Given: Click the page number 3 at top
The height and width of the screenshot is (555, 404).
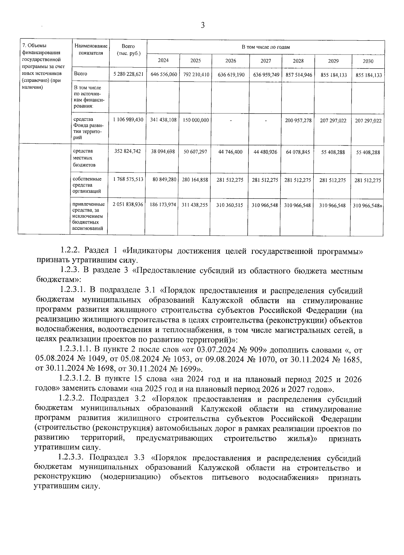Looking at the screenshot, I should pos(203,25).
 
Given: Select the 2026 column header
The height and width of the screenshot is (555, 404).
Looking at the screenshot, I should pos(231,61).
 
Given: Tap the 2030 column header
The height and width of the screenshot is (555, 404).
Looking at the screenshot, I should pos(368,61).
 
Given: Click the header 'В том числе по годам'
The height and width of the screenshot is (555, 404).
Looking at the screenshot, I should pos(266,47).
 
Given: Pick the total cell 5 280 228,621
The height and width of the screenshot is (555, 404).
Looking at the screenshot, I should pos(128,75).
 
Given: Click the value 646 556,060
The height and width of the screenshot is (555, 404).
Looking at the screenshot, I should pos(164,75).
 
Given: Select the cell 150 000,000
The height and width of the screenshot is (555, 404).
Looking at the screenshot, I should pos(196,120).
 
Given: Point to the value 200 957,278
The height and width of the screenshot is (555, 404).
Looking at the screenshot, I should pos(298,120).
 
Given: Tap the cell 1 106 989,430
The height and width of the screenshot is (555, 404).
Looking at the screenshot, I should pos(128,120).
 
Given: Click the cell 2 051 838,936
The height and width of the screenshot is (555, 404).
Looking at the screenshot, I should pos(128,205).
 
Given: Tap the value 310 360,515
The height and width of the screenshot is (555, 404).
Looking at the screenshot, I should pos(231,205).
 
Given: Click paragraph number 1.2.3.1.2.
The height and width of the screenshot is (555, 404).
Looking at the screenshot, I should pos(75,379).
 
